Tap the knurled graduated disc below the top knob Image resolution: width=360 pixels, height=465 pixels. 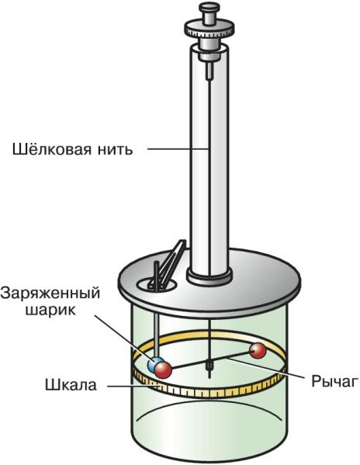pos(209,32)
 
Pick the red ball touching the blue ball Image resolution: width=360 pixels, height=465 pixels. pos(164,369)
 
